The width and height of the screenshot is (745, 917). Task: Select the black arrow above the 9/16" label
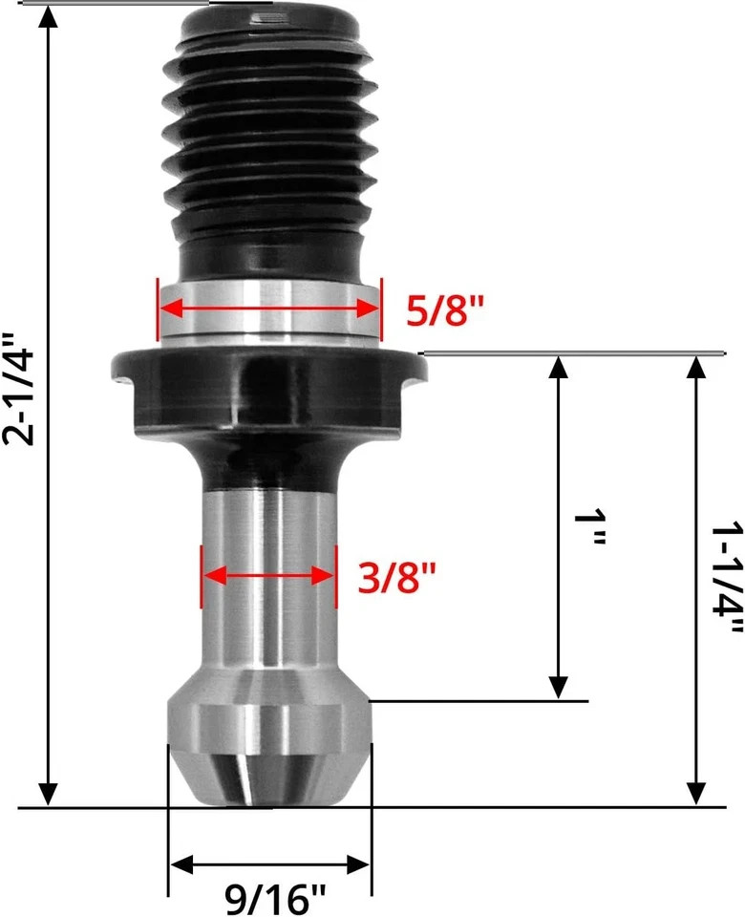tap(269, 865)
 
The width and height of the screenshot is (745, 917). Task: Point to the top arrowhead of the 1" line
tap(559, 369)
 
